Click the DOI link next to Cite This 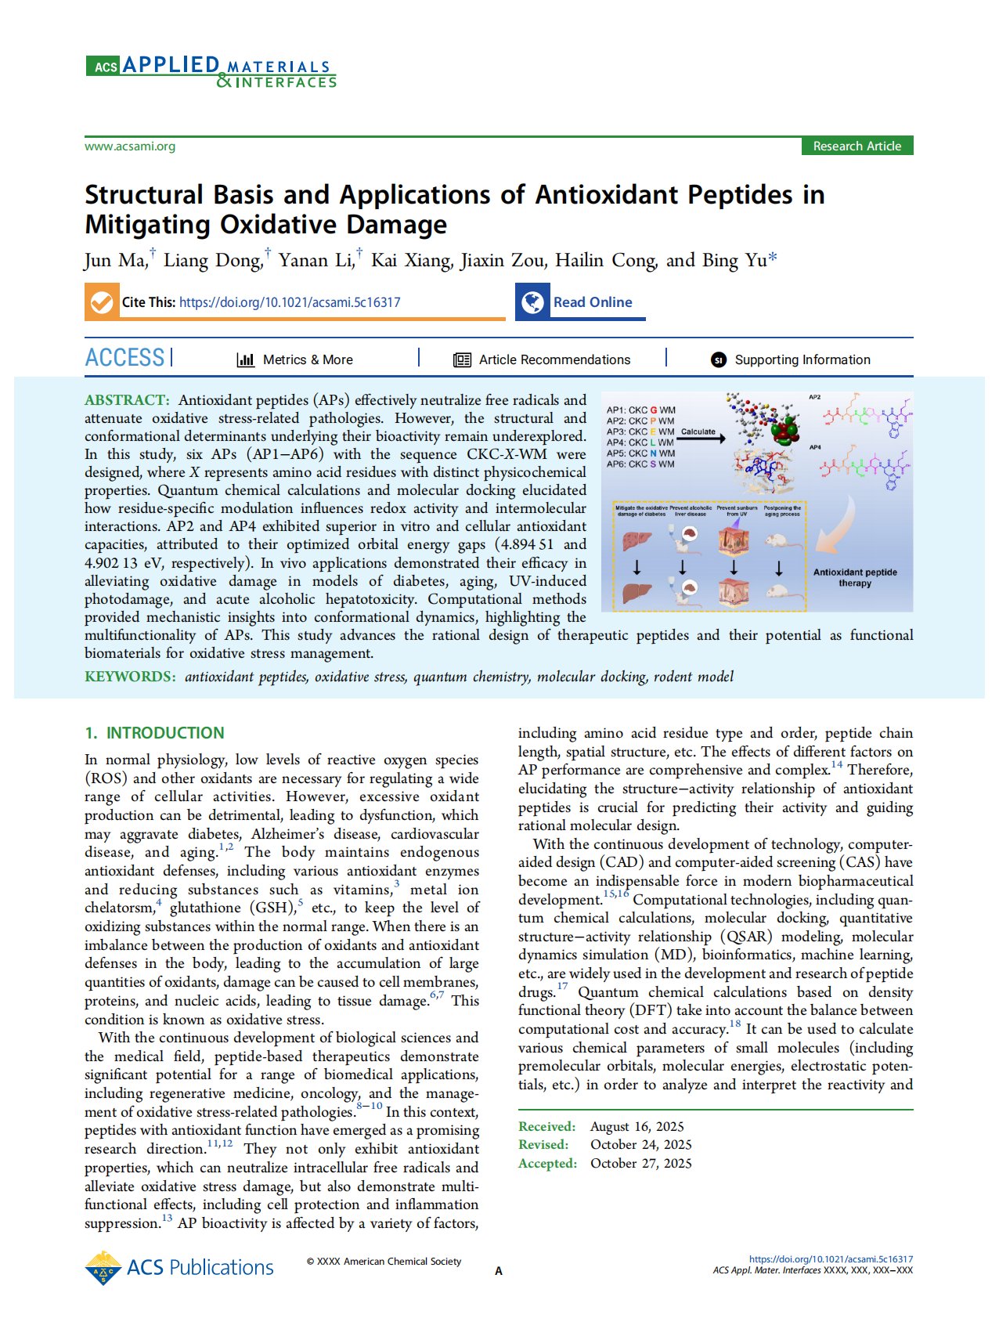pyautogui.click(x=290, y=302)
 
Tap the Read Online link pyautogui.click(x=593, y=302)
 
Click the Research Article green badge pyautogui.click(x=857, y=146)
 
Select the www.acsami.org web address pyautogui.click(x=130, y=146)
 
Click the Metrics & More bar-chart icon pyautogui.click(x=246, y=359)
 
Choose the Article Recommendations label pyautogui.click(x=554, y=359)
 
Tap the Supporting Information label pyautogui.click(x=802, y=359)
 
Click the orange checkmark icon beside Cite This pyautogui.click(x=102, y=302)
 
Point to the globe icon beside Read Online pyautogui.click(x=533, y=302)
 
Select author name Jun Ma pyautogui.click(x=115, y=260)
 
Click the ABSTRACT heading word pyautogui.click(x=127, y=400)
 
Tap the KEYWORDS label pyautogui.click(x=130, y=677)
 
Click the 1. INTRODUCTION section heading pyautogui.click(x=154, y=733)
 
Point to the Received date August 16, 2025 pyautogui.click(x=637, y=1126)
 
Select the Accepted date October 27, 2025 pyautogui.click(x=641, y=1163)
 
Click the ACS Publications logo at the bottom pyautogui.click(x=179, y=1267)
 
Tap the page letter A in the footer pyautogui.click(x=499, y=1271)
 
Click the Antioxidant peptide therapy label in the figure pyautogui.click(x=855, y=577)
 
